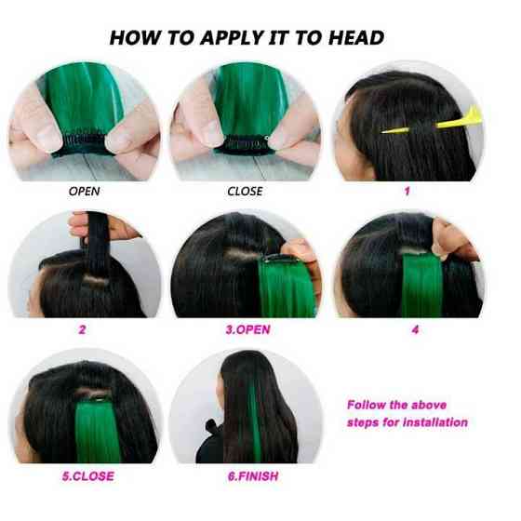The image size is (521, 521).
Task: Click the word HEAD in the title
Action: [355, 37]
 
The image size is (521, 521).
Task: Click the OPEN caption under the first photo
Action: [84, 192]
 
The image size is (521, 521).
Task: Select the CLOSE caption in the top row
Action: [245, 192]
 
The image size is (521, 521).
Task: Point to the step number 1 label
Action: [407, 191]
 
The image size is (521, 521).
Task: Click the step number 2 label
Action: [82, 329]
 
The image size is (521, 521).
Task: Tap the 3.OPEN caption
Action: [247, 329]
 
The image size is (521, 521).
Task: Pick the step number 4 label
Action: [415, 329]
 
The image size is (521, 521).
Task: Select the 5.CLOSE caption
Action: [88, 476]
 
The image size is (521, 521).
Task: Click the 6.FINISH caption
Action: [253, 476]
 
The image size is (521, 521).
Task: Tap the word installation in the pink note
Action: [435, 422]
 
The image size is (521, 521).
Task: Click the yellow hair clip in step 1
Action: [432, 124]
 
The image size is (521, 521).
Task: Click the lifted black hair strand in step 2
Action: [97, 246]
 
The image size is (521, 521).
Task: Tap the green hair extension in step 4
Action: [422, 285]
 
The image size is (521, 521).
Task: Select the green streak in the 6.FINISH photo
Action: [255, 422]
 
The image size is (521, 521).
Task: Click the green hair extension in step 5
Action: [98, 432]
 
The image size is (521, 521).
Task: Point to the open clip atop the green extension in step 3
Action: [277, 258]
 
